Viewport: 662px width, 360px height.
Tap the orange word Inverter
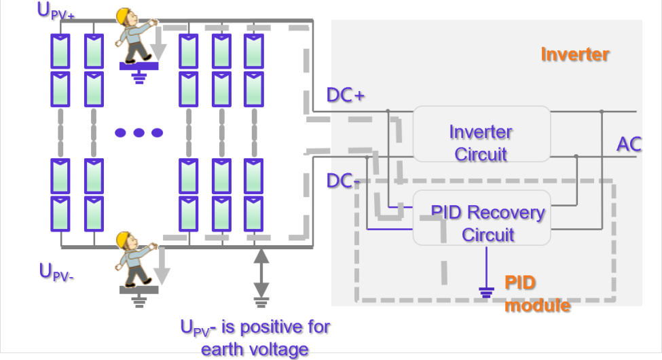pos(574,54)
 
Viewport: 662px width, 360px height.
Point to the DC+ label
pos(346,95)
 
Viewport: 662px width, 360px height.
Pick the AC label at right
pos(629,144)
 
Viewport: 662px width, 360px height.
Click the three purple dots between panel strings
pos(139,132)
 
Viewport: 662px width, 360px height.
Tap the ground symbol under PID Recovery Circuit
pos(486,292)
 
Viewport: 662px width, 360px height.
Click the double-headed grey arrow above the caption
pos(261,278)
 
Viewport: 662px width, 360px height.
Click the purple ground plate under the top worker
pos(139,66)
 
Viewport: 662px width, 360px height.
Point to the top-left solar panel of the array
pos(60,51)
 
